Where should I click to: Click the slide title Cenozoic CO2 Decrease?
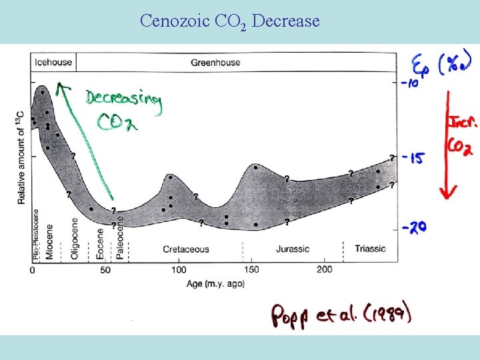(229, 22)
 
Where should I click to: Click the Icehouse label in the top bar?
(51, 63)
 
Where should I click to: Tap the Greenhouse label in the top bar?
(215, 63)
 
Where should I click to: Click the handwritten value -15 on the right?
(412, 158)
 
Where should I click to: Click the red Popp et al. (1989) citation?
(341, 315)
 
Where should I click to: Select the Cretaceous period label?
(185, 249)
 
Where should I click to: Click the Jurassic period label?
(292, 249)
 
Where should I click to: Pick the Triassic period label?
(370, 249)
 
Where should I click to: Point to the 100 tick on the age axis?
(179, 270)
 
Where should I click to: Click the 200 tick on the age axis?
(325, 270)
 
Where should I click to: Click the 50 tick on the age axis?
(105, 270)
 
